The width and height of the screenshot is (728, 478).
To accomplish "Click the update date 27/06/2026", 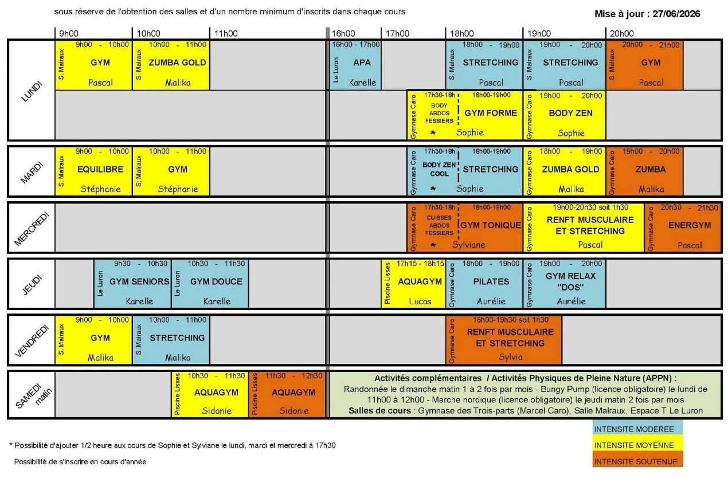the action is (676, 14).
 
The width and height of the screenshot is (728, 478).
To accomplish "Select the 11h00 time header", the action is (226, 33).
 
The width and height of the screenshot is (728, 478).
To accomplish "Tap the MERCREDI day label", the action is (31, 229).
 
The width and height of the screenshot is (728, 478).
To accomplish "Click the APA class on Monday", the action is (355, 65).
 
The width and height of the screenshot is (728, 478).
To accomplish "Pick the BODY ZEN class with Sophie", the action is (565, 115).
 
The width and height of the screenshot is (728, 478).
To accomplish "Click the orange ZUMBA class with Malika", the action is (644, 171).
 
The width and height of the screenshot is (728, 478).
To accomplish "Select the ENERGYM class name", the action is (690, 225).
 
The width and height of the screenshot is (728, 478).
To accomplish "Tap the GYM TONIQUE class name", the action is (491, 225).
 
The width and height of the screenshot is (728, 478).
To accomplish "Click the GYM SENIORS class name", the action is (139, 281).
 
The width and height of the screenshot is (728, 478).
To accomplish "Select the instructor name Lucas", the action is (420, 301).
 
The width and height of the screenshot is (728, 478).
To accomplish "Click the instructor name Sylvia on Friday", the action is (511, 357).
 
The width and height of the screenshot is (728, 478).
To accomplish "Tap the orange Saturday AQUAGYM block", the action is (287, 394).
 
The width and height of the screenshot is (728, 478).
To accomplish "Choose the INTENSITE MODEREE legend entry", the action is (637, 429).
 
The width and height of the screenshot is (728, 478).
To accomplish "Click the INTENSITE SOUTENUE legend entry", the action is (637, 462).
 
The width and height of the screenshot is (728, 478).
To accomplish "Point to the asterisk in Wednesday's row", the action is (433, 245).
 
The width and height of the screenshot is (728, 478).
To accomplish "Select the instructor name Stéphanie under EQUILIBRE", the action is (100, 189).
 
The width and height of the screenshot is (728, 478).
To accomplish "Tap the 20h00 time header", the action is (622, 33).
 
